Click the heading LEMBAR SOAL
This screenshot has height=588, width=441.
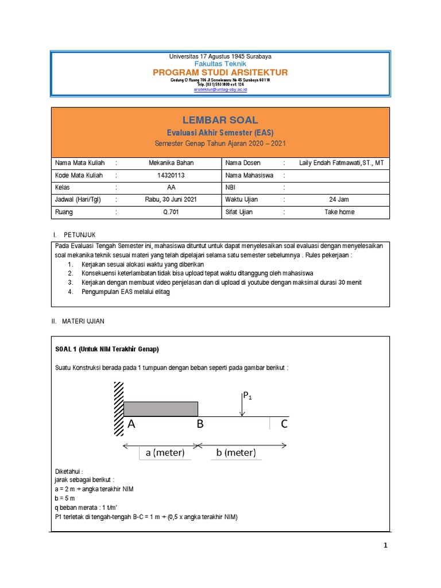220,120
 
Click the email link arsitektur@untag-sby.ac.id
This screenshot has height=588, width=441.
220,90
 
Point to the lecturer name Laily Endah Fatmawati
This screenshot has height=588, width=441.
341,163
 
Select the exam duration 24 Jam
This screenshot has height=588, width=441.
339,199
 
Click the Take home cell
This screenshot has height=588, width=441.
339,212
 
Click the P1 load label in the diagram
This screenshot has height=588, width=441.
248,396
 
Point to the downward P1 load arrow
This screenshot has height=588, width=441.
243,407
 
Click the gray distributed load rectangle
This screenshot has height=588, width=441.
161,409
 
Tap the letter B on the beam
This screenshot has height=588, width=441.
200,425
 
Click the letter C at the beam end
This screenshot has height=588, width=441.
284,425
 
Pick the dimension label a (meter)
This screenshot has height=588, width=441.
165,452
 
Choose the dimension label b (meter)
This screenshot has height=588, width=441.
235,452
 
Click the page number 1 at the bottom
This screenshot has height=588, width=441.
386,546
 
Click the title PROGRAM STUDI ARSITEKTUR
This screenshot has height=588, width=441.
220,72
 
